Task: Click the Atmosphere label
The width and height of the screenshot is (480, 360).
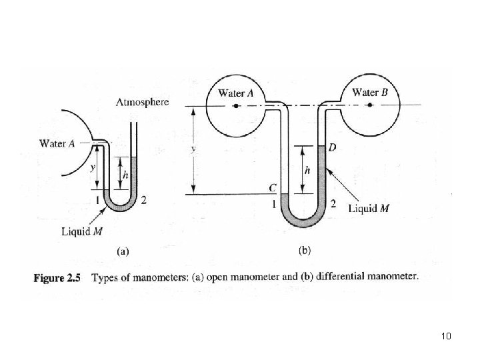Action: (x=142, y=103)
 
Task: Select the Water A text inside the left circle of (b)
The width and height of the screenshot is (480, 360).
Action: (x=236, y=93)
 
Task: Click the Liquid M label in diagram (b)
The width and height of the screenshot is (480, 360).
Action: (x=370, y=208)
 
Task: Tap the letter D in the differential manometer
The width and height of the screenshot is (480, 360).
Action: (x=331, y=147)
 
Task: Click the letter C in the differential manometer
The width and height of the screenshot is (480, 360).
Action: (x=272, y=189)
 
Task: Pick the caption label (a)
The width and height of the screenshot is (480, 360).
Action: (x=123, y=251)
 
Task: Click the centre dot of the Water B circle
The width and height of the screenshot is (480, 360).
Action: (x=366, y=105)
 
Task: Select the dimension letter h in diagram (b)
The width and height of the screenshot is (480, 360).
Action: (x=307, y=171)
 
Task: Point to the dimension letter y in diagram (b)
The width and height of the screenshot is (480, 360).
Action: (x=194, y=150)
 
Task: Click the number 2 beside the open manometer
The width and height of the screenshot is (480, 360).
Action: (x=145, y=200)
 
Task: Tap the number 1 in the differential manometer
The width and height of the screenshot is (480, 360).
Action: (x=273, y=205)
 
